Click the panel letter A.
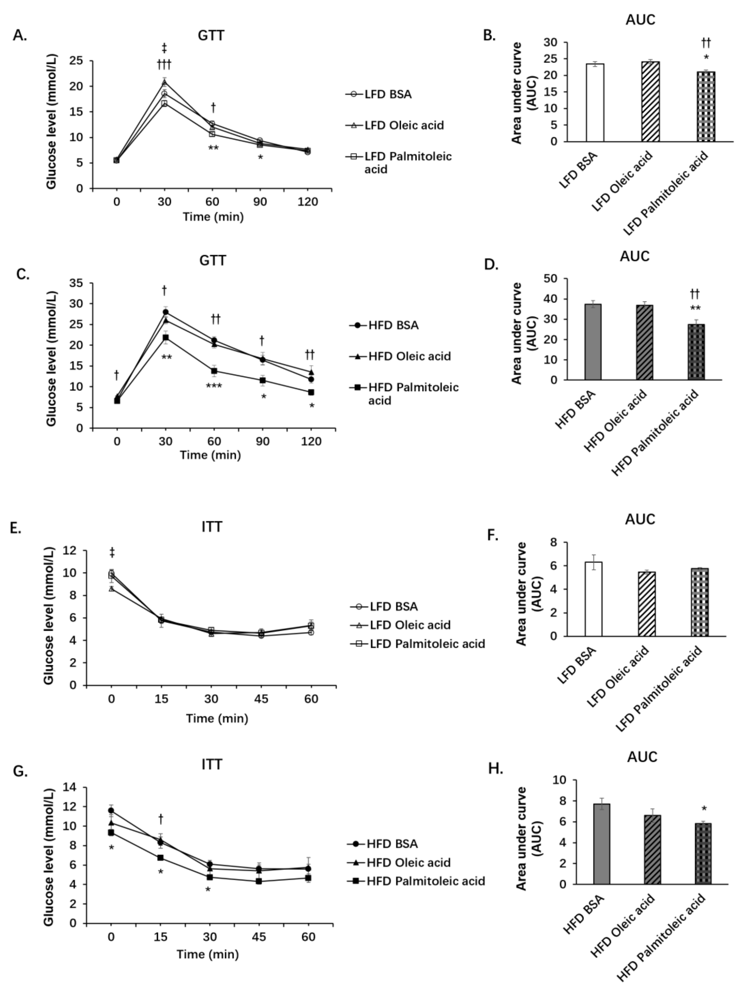point(19,35)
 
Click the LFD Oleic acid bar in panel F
point(646,604)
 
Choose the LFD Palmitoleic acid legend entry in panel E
point(418,644)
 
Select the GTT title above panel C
point(213,261)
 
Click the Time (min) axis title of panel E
point(217,718)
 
